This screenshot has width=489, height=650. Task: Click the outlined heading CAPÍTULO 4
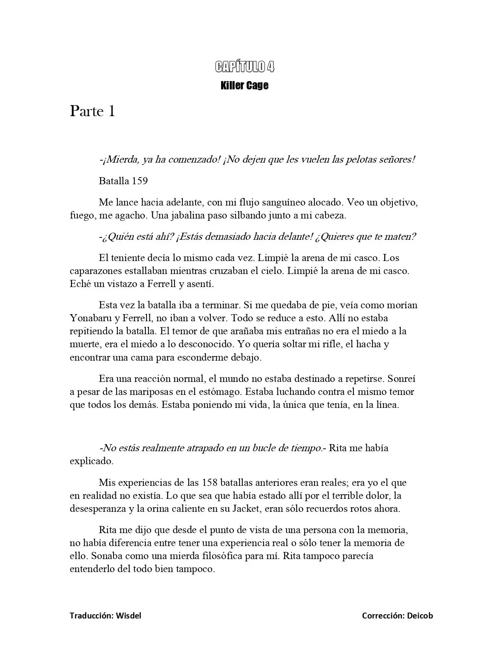click(x=244, y=67)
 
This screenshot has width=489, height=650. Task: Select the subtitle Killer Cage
click(x=244, y=85)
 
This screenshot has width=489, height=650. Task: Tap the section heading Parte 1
click(x=92, y=111)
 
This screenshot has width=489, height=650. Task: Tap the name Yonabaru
click(x=90, y=318)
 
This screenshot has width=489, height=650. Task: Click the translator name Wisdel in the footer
click(x=128, y=616)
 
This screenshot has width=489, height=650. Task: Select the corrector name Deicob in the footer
click(x=420, y=616)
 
